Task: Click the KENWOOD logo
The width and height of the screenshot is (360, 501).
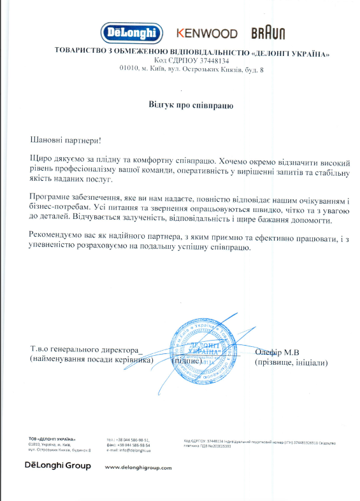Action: pyautogui.click(x=207, y=33)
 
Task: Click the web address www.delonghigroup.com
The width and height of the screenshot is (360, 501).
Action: pyautogui.click(x=138, y=467)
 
